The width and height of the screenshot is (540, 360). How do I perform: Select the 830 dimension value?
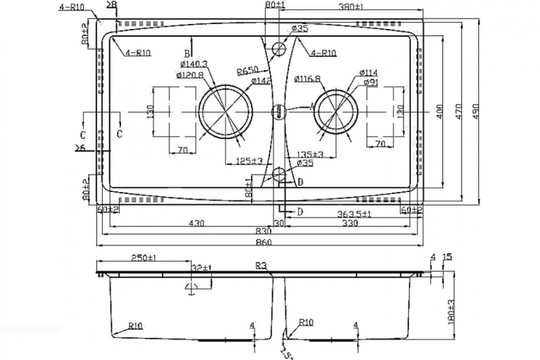point(264,232)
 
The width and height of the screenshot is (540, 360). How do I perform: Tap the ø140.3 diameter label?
point(193,64)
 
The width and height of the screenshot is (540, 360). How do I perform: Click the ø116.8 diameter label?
point(307,79)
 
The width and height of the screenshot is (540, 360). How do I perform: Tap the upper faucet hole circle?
point(279,50)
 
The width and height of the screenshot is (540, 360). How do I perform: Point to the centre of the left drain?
point(225,112)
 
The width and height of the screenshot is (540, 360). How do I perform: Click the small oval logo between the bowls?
point(280,111)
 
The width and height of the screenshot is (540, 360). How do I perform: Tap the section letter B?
point(187,53)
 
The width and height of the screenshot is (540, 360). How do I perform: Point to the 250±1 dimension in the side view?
point(144,258)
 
